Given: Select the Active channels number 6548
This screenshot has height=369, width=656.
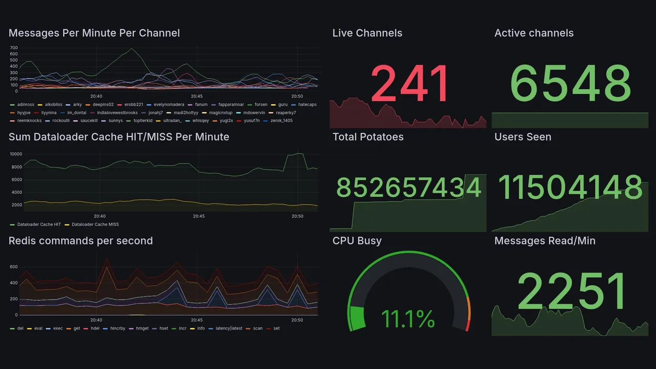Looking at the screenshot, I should (570, 84).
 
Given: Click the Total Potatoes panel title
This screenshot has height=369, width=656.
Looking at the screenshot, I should (367, 137).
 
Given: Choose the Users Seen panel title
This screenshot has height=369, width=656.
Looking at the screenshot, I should (522, 137).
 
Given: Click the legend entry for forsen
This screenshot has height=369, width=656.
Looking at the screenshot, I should (260, 105).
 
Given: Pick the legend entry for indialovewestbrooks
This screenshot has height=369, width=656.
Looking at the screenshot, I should (117, 113).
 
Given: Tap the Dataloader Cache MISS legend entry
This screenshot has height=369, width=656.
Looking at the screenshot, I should (95, 224).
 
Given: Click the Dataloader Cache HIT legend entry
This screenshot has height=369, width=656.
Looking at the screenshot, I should (38, 224).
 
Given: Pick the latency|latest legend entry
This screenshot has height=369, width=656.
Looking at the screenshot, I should (230, 328).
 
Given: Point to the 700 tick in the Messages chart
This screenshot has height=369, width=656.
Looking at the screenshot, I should (14, 48).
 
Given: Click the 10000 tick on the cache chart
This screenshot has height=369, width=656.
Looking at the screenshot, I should (15, 154).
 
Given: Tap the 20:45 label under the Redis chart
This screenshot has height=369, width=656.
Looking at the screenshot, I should (197, 320).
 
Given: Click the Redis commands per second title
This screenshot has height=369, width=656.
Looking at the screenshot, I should (80, 241).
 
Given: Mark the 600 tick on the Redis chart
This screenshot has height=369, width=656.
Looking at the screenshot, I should (14, 266).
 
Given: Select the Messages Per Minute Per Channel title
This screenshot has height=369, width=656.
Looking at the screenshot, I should (94, 33).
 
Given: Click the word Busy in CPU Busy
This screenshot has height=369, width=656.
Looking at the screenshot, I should (369, 241).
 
